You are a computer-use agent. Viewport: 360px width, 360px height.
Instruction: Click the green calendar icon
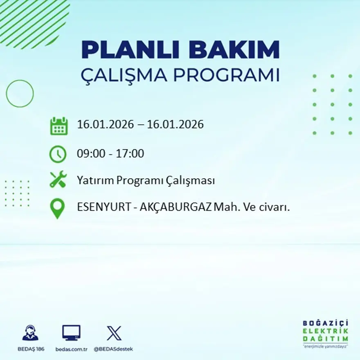tap(59, 126)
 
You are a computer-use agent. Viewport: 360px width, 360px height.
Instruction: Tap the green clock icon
tap(58, 154)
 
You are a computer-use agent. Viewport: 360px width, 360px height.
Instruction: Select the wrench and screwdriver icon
tap(58, 180)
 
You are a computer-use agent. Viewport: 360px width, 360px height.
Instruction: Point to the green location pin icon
tap(58, 208)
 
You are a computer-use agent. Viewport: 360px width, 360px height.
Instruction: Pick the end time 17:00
tap(130, 154)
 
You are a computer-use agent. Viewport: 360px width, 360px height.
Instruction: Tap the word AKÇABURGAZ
tap(176, 207)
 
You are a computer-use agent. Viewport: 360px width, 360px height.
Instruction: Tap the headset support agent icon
tap(30, 333)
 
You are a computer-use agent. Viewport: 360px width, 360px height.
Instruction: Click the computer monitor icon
tap(71, 333)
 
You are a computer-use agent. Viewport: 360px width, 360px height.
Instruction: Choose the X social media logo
tap(114, 333)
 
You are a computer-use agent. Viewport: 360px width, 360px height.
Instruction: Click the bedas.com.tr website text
tap(71, 349)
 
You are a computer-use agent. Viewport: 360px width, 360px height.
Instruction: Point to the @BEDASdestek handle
tap(113, 349)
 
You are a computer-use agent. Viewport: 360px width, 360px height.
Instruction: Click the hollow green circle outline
tap(20, 94)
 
